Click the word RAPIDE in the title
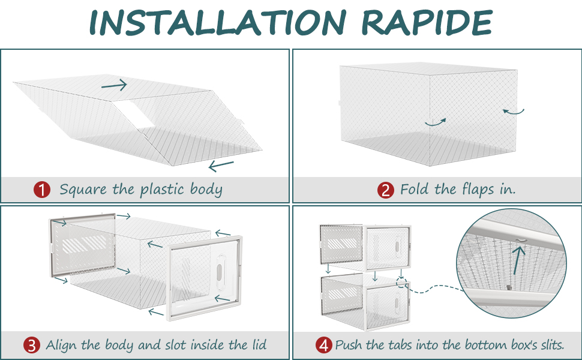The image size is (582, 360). [428, 22]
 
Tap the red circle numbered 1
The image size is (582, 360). [41, 190]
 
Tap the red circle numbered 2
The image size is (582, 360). [385, 190]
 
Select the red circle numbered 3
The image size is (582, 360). [32, 345]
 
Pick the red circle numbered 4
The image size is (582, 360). [324, 345]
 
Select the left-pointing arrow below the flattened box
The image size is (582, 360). [221, 164]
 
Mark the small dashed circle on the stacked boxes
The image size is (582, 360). [401, 281]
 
